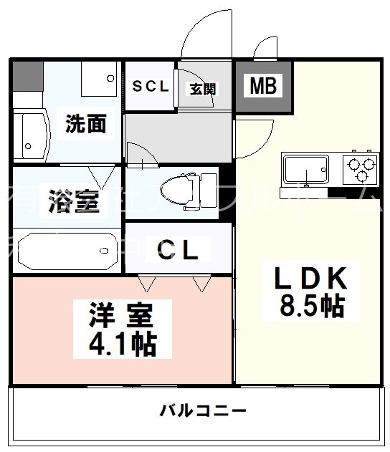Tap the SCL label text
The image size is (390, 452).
tap(150, 87)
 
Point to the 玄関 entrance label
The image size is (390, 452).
tap(203, 89)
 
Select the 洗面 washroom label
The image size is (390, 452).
tap(86, 124)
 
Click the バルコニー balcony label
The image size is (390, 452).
tap(203, 411)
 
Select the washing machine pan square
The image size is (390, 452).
tap(98, 80)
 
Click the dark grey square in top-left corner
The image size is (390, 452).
tap(27, 75)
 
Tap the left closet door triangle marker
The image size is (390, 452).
tap(147, 285)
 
